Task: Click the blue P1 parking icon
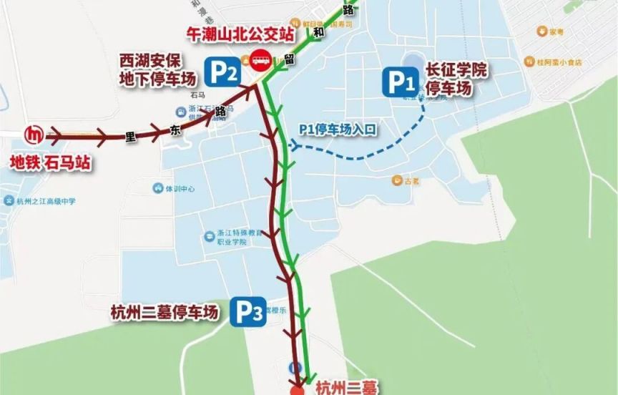tap(401, 82)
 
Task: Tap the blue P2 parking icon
tap(222, 71)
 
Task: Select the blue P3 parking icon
tap(250, 313)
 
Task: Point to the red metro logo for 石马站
tap(33, 134)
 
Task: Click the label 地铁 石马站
tap(50, 163)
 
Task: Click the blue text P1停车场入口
tap(338, 129)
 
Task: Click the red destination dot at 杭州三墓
tap(297, 391)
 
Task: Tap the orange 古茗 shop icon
tap(395, 180)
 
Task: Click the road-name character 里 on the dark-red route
tap(130, 140)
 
